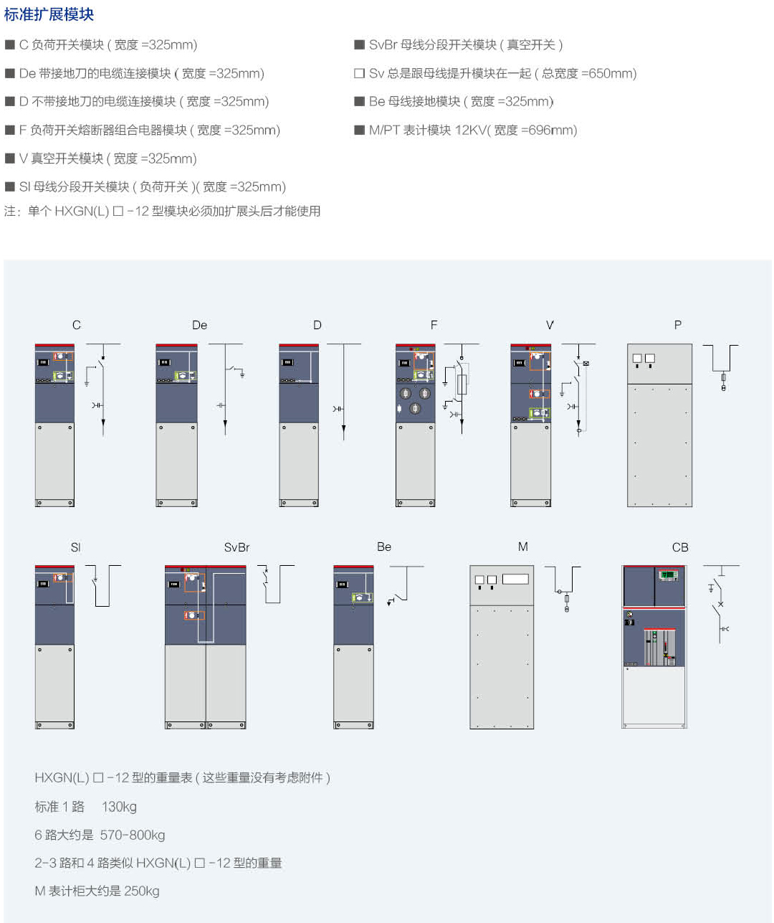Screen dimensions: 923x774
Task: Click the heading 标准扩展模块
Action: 49,14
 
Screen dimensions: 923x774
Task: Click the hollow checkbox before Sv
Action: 360,73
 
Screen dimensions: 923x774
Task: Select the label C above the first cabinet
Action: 77,325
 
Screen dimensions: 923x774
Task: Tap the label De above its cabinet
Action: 199,325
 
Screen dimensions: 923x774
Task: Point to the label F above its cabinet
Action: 434,325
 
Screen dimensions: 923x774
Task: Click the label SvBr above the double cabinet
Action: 236,547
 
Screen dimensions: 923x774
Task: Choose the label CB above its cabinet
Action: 680,547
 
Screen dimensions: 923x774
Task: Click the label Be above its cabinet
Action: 384,546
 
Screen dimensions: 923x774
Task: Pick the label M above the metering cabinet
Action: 523,546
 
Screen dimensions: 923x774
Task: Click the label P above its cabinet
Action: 678,325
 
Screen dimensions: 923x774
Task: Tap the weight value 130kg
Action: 119,807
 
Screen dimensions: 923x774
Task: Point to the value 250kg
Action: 142,891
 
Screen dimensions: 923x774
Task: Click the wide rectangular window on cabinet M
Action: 515,579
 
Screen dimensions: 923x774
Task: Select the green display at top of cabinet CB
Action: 669,574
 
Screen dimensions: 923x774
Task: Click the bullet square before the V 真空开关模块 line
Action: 10,158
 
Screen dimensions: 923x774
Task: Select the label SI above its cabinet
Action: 75,547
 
